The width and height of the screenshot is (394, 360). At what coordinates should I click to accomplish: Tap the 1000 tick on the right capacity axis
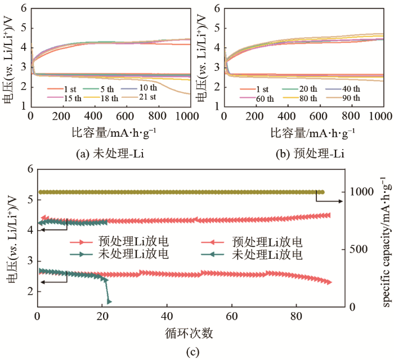point(360,192)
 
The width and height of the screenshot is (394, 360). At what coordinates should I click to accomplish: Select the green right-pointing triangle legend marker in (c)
point(83,254)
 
